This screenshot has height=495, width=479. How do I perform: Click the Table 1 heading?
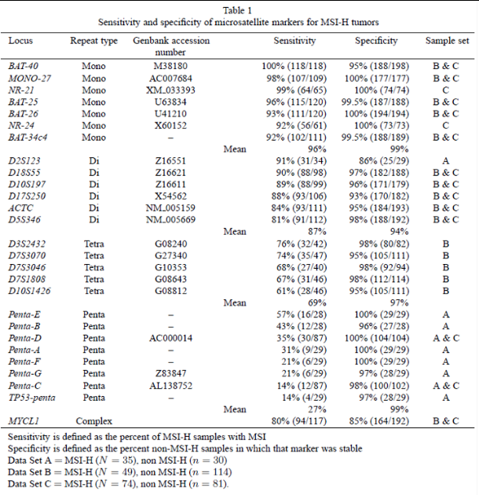click(x=239, y=10)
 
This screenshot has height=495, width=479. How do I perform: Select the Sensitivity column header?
click(x=294, y=40)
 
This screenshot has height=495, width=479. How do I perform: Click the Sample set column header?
click(x=446, y=40)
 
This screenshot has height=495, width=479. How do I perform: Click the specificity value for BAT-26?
click(x=374, y=113)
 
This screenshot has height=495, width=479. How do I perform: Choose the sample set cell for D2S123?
click(x=445, y=160)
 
